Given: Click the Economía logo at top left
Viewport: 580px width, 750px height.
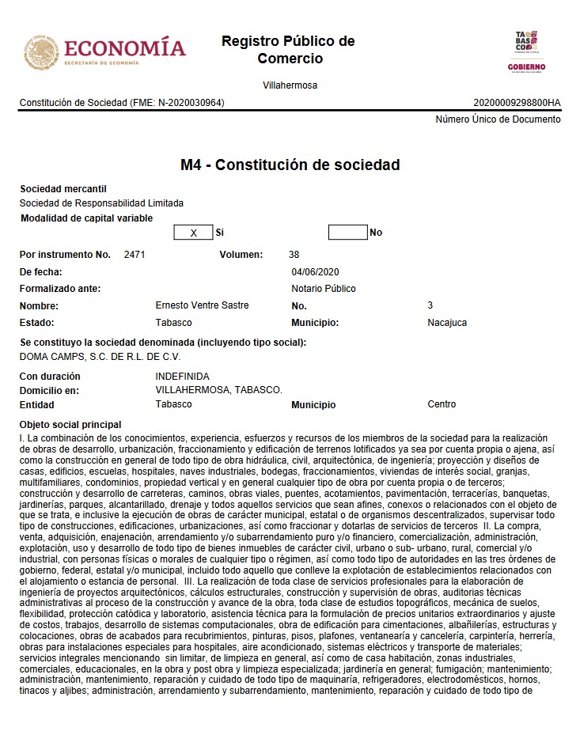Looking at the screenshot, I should [104, 51].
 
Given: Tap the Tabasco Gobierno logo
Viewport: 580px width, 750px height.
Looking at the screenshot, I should [526, 51].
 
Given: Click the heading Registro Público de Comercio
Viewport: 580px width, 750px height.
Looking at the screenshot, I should [289, 50].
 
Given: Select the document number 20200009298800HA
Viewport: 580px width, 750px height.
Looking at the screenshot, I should [517, 103].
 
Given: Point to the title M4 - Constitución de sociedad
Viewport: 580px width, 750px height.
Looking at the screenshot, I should [290, 165].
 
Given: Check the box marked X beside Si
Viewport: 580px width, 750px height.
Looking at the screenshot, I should [193, 233].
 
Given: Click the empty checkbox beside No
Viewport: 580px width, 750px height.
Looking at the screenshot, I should [347, 233].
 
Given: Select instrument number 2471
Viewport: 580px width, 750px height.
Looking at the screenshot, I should [135, 255].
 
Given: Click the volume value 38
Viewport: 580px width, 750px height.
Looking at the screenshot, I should [294, 255].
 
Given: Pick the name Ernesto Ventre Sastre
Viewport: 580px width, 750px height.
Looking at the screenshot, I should [203, 305].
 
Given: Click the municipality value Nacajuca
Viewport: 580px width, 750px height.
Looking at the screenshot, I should [447, 323].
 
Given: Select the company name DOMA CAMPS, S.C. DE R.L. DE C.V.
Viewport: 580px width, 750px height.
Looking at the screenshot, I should [100, 357].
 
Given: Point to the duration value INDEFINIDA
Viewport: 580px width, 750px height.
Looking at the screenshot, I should [183, 377].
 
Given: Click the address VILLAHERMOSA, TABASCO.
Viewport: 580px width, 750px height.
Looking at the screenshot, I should [218, 390].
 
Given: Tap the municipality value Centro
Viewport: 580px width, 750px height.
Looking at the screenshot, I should [442, 404].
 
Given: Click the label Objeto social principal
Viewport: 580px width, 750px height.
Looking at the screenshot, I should [70, 425].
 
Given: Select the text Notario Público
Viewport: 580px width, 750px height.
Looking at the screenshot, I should [324, 289].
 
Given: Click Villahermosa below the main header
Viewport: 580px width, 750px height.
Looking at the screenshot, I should [290, 85].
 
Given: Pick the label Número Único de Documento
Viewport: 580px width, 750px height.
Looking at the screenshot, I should [498, 119].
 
